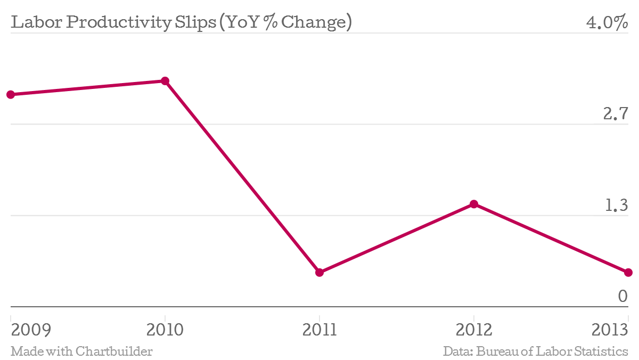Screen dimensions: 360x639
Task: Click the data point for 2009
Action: coord(11,94)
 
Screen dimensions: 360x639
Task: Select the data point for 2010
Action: coord(165,81)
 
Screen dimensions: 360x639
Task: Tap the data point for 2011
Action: coord(319,272)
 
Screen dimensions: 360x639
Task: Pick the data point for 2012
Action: coord(474,204)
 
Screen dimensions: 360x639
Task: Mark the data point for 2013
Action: coord(628,272)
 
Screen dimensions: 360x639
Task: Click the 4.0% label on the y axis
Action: coord(607,23)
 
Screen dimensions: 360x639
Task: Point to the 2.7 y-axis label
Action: coord(616,114)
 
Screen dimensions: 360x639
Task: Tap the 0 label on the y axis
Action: coord(622,296)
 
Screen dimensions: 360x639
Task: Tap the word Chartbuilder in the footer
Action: coord(114,351)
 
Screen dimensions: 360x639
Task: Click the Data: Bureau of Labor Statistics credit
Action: coord(535,351)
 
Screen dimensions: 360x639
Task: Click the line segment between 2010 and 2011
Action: coord(242,177)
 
